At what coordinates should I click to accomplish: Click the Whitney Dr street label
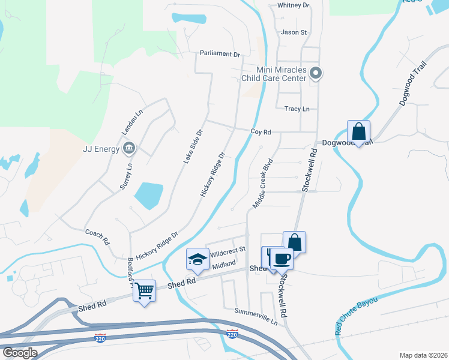293,5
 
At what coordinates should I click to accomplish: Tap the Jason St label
294,32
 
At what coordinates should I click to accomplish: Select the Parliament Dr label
220,54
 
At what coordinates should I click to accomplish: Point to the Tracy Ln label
297,109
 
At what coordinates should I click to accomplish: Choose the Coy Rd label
261,132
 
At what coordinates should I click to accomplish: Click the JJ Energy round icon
128,148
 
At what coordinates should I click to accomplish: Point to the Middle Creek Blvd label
263,184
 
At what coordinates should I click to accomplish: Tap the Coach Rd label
97,236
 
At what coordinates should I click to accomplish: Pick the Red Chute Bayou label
357,316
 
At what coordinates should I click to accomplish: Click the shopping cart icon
144,291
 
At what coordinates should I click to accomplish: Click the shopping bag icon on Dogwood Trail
358,131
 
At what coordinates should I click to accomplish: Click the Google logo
20,353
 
